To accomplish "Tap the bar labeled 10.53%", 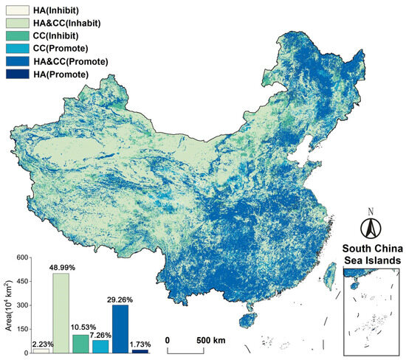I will point(80,344).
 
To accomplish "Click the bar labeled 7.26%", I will point(100,346).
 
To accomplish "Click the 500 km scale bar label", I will point(200,339).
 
